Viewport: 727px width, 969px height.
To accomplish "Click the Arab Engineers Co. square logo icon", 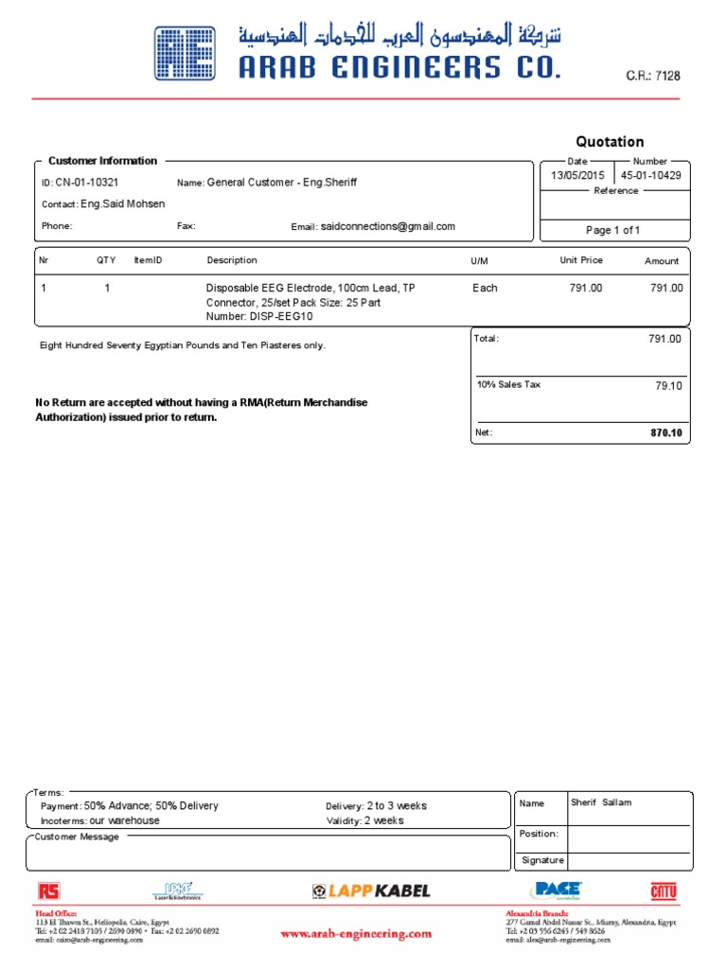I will (186, 53).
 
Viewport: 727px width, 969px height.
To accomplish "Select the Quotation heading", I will (611, 142).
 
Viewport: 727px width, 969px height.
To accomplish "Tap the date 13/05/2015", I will (577, 176).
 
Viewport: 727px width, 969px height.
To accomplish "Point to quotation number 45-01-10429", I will (650, 176).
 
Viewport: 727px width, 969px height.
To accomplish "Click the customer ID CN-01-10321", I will (86, 183).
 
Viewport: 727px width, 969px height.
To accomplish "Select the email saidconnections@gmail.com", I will (388, 227).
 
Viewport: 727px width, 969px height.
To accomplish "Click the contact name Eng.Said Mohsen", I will (122, 204).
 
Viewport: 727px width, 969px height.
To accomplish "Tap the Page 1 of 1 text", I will (612, 230).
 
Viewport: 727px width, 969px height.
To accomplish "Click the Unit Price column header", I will (581, 260).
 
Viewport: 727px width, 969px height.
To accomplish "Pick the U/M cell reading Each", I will (484, 288).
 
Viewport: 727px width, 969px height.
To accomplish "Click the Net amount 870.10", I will (665, 432).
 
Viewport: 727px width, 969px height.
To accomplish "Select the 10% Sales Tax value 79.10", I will (668, 386).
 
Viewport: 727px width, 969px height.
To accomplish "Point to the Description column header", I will (232, 260).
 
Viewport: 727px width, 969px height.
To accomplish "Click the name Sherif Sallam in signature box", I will (601, 802).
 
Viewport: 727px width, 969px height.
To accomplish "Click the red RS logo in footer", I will (47, 890).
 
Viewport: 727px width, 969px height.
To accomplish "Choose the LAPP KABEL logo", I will (371, 890).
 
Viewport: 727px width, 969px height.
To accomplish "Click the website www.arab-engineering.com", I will (356, 934).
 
